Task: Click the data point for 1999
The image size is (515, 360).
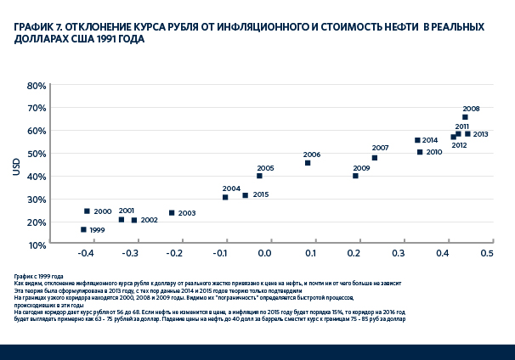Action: tap(83, 229)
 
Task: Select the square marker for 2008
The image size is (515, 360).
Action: tap(465, 117)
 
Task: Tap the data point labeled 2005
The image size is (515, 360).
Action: tap(259, 176)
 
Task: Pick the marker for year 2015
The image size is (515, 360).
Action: tap(246, 195)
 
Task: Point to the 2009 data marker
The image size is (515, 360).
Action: tap(355, 176)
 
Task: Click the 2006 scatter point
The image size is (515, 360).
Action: tap(308, 163)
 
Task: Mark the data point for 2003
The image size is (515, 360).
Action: tap(172, 213)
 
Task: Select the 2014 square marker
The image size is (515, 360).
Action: tap(417, 140)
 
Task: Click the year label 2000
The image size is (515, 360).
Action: tap(102, 211)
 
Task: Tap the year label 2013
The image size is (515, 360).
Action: tap(480, 134)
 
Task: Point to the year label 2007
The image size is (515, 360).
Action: tap(380, 148)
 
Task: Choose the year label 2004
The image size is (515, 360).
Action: tap(231, 188)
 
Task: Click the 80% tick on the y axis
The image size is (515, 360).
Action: tap(37, 86)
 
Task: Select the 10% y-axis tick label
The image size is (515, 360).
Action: tap(37, 245)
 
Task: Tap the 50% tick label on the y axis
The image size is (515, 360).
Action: tap(37, 154)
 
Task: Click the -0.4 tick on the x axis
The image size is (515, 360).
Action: tap(86, 254)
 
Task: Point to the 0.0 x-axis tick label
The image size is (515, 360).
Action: tap(264, 254)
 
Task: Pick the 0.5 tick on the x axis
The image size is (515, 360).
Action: tap(487, 254)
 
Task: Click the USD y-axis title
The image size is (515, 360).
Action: tap(15, 165)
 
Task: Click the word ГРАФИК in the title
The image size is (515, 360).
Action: tap(32, 26)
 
